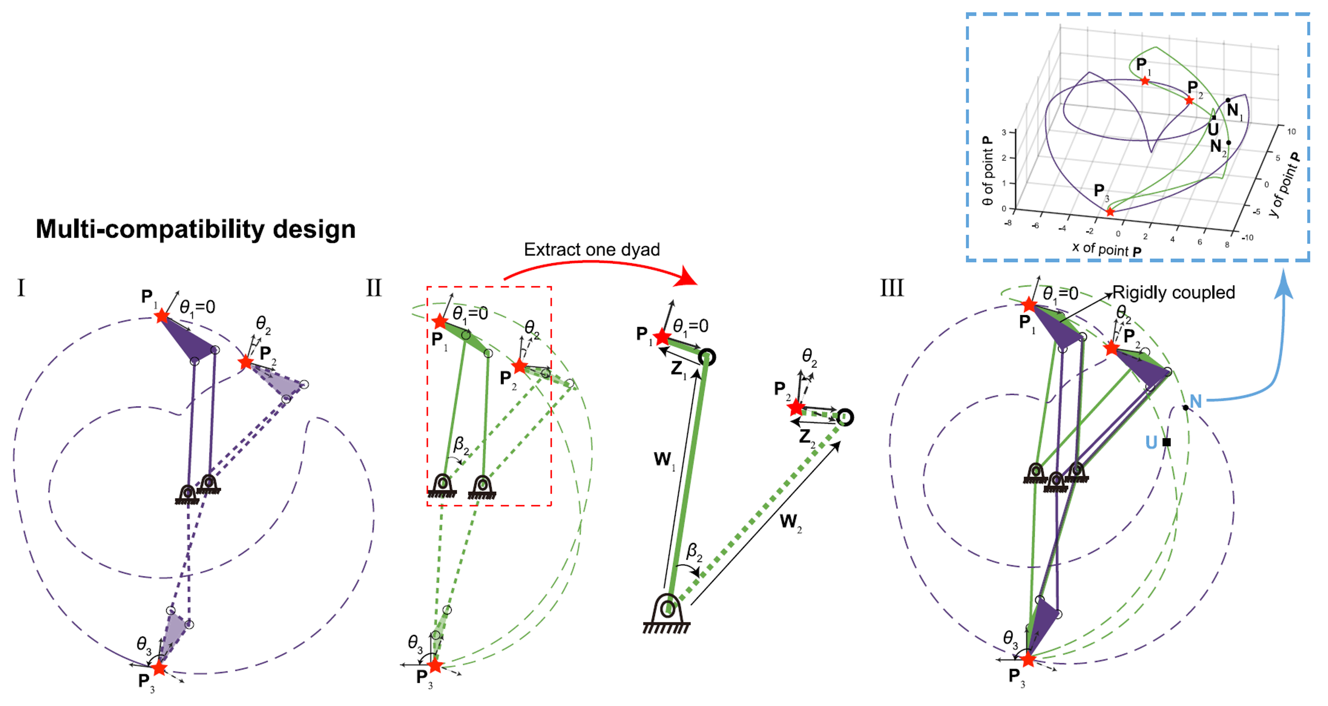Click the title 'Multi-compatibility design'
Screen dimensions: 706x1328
coord(196,229)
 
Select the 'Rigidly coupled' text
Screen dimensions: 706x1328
coord(1173,292)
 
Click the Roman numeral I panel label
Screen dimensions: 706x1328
coord(21,288)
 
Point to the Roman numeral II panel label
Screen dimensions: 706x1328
coord(374,288)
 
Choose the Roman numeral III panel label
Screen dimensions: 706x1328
coord(892,288)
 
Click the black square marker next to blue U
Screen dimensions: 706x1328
coord(1167,442)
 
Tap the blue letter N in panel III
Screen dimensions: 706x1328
coord(1196,401)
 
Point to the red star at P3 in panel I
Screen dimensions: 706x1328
coord(159,668)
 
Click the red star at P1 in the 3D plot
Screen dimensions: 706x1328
coord(1145,81)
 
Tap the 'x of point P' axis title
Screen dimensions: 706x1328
coord(1106,249)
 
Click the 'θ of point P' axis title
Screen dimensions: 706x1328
coord(987,171)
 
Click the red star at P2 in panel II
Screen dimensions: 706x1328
coord(519,366)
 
